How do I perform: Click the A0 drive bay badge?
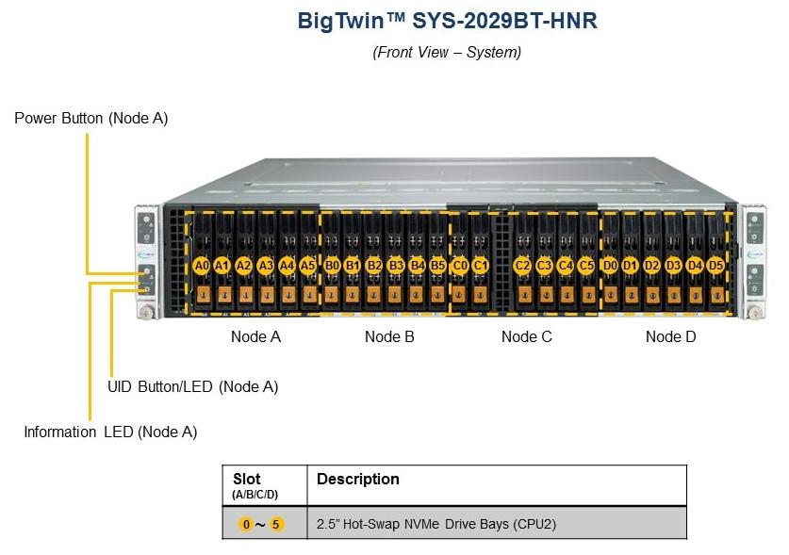pos(202,265)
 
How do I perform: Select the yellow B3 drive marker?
pos(396,265)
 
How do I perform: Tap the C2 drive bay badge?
pos(522,265)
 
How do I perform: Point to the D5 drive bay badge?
pos(715,265)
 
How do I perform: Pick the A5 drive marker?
pos(307,265)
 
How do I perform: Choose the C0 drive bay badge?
pos(459,265)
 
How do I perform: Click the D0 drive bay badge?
pos(609,265)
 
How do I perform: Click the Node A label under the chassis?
pos(255,336)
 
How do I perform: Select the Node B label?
pos(389,336)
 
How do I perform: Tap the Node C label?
pos(526,336)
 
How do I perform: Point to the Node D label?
pos(671,336)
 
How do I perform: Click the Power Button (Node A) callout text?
pos(91,118)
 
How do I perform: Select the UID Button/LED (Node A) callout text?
pos(192,387)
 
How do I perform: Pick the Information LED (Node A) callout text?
pos(110,433)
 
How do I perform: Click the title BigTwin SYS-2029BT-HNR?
pos(447,21)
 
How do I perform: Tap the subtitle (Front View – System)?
pos(447,53)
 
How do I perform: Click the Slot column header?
pos(247,479)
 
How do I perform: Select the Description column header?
pos(358,479)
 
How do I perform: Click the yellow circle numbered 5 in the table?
pos(276,524)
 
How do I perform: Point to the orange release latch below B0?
pos(331,294)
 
